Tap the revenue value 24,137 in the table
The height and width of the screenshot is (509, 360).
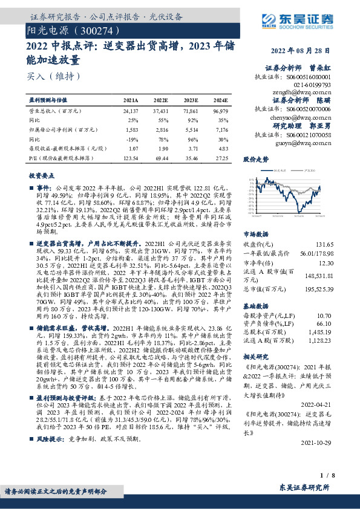pos(130,112)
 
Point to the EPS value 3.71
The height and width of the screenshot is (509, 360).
pos(192,148)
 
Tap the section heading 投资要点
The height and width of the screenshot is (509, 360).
pos(41,175)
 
